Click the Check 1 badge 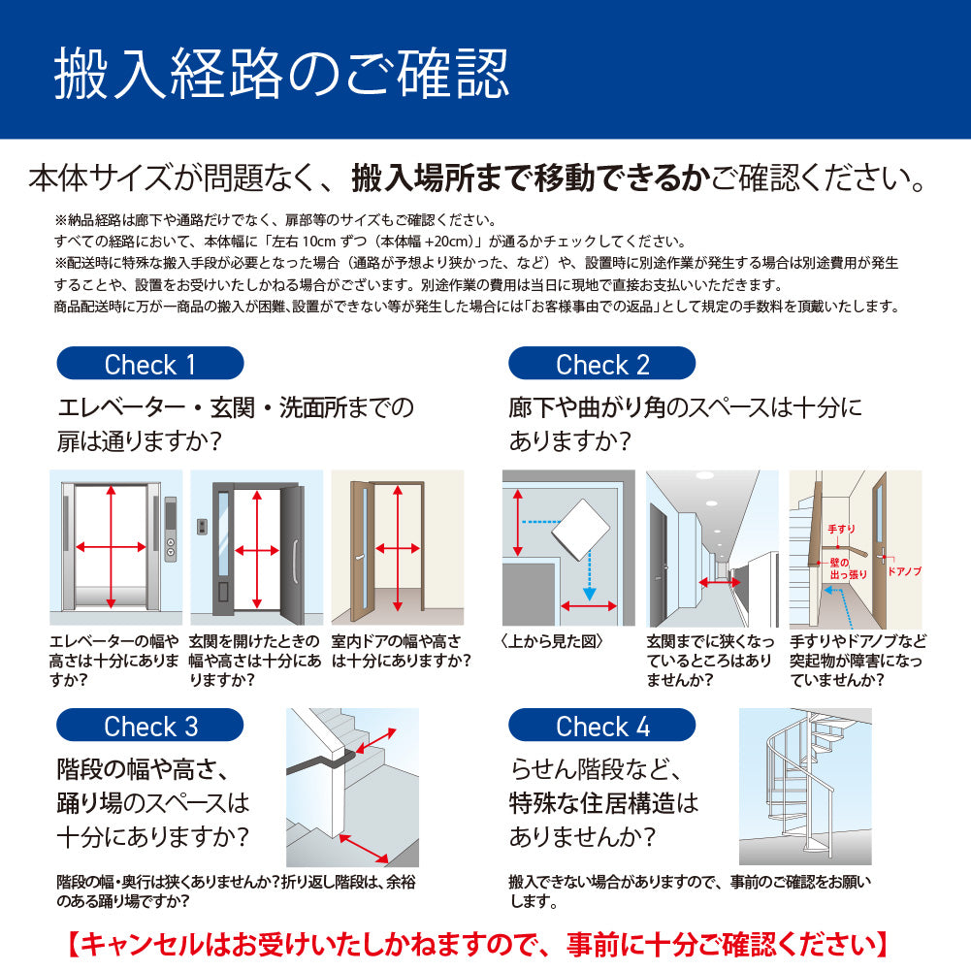pos(149,364)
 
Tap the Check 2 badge pos(602,364)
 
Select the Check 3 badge pos(149,726)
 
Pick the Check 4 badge pos(602,726)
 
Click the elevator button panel pos(171,530)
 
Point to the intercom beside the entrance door pos(202,527)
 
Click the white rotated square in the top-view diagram pos(581,530)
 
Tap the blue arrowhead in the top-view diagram pos(590,594)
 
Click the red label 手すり pos(842,529)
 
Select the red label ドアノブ pos(905,571)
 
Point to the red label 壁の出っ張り pos(848,568)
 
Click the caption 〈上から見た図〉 pos(552,641)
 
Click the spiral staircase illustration pos(805,787)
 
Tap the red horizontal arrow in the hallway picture pos(720,582)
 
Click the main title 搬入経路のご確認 pos(281,74)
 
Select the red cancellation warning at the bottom pos(477,945)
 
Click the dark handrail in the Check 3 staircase pos(322,762)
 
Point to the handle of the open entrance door pos(296,562)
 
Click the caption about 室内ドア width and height pos(401,651)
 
